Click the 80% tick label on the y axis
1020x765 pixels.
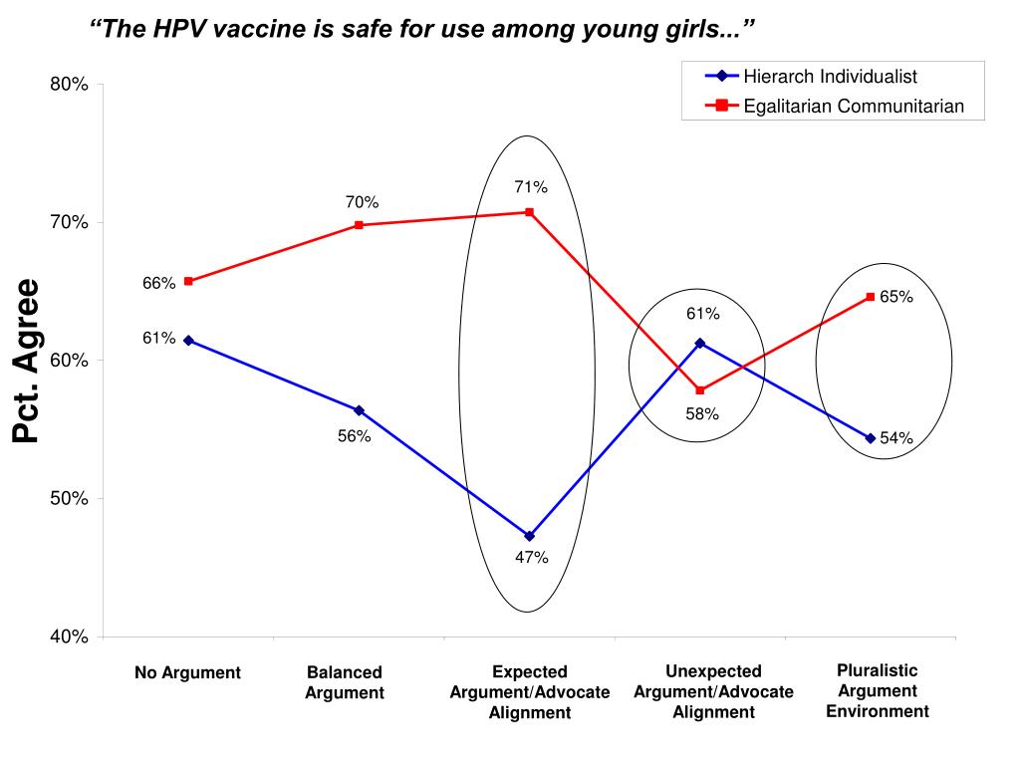[x=70, y=85]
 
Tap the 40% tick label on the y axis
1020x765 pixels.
[x=70, y=637]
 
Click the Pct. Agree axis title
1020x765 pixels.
[x=26, y=361]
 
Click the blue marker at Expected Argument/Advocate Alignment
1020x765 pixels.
[x=529, y=536]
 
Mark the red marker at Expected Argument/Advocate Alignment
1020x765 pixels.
[x=529, y=212]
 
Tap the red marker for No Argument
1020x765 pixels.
[x=188, y=281]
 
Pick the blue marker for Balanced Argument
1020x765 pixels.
[x=359, y=410]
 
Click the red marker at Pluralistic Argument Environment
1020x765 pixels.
[x=870, y=297]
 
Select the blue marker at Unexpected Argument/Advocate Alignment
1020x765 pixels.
[x=700, y=343]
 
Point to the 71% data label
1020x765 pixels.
[x=531, y=186]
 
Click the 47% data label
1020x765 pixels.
[x=531, y=557]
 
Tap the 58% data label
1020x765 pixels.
[x=702, y=413]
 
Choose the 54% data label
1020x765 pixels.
[x=896, y=438]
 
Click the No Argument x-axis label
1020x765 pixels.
[x=187, y=673]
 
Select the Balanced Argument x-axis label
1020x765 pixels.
[x=345, y=683]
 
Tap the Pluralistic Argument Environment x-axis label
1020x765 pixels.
[x=877, y=690]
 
